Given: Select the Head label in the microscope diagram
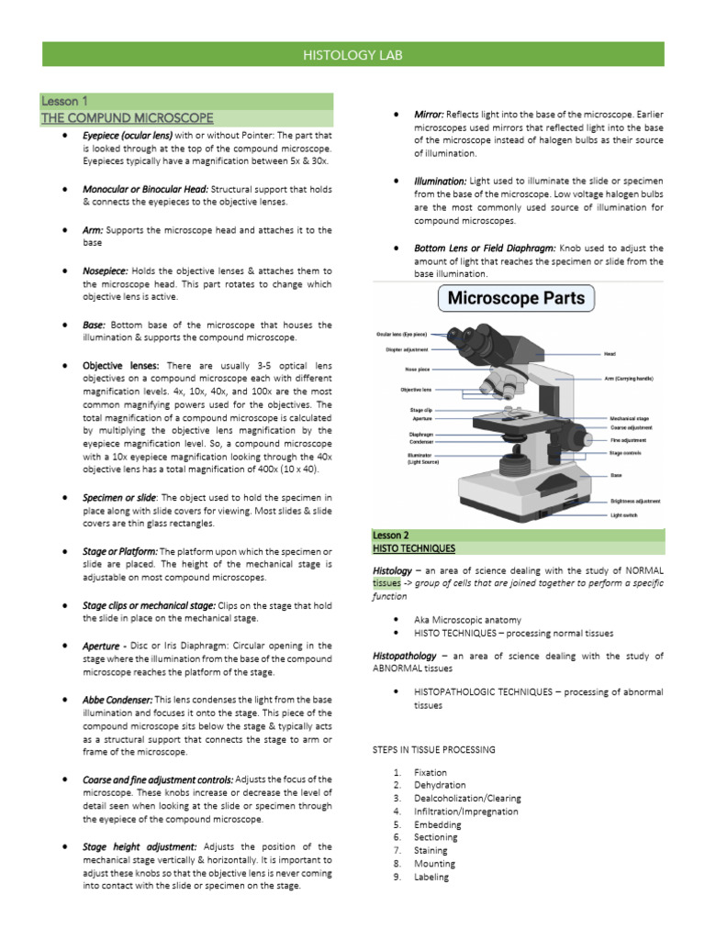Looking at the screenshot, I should pyautogui.click(x=610, y=354).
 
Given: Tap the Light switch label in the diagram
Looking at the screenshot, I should pyautogui.click(x=623, y=515).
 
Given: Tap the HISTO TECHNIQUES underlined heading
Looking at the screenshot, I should pyautogui.click(x=413, y=547).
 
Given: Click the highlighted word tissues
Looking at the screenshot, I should pyautogui.click(x=386, y=582).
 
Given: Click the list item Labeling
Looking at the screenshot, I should pyautogui.click(x=431, y=877).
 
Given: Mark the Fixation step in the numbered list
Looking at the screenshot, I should pyautogui.click(x=431, y=772).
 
